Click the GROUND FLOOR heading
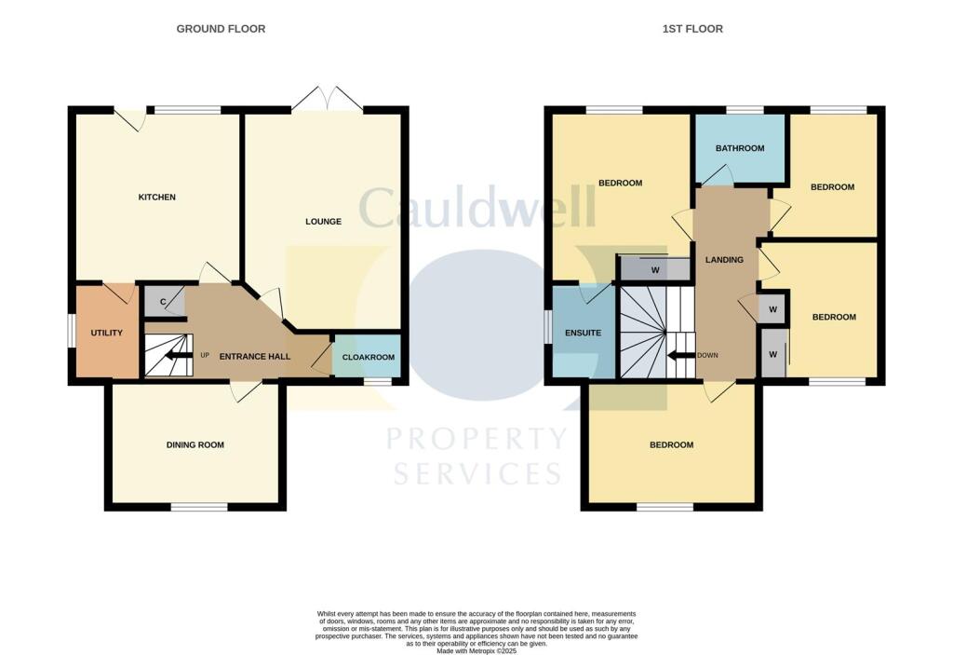pyautogui.click(x=221, y=29)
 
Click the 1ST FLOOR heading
pyautogui.click(x=692, y=29)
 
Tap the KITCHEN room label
pyautogui.click(x=156, y=198)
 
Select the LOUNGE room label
pyautogui.click(x=323, y=222)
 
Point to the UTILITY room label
pyautogui.click(x=106, y=333)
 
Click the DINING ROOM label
pyautogui.click(x=195, y=445)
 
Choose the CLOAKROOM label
pyautogui.click(x=369, y=357)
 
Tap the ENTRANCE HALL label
pyautogui.click(x=254, y=357)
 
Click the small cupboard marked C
pyautogui.click(x=164, y=302)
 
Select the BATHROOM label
pyautogui.click(x=740, y=148)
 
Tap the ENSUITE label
pyautogui.click(x=584, y=333)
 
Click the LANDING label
pyautogui.click(x=724, y=259)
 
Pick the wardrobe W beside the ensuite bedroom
pyautogui.click(x=655, y=270)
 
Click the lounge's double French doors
pyautogui.click(x=326, y=100)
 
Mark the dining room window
pyautogui.click(x=199, y=507)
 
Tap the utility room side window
pyautogui.click(x=72, y=332)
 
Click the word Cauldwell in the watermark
pyautogui.click(x=476, y=209)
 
